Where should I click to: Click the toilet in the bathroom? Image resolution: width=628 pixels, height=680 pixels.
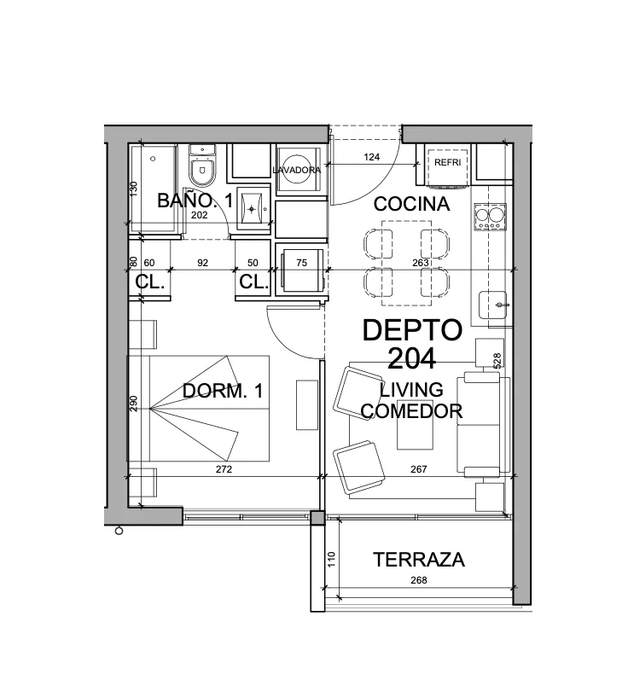point(202,166)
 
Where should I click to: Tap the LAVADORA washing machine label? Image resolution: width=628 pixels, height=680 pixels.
point(297,170)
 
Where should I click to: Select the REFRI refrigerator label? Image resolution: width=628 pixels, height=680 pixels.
point(448,163)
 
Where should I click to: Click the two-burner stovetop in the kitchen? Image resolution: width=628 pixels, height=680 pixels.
point(490,217)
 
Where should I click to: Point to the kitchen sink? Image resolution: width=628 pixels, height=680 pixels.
point(493,305)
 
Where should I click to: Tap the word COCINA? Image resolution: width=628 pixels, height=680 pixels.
point(411,204)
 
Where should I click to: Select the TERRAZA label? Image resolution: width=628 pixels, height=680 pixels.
point(419,560)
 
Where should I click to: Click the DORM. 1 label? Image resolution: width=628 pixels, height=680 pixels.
point(223,391)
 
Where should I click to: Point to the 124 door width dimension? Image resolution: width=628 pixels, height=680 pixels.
point(372,157)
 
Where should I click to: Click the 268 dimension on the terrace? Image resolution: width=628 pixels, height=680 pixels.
point(419,580)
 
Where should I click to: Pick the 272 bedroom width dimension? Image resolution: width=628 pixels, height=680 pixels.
point(224,469)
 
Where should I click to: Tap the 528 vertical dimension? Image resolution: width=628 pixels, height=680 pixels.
point(497,361)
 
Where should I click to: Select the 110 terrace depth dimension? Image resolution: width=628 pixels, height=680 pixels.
point(331,560)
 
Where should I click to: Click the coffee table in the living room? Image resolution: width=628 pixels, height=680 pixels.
point(415,430)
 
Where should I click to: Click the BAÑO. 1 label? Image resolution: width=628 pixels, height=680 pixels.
point(195,201)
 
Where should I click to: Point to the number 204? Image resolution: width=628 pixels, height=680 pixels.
point(411,358)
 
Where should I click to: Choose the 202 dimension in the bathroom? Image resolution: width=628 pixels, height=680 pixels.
point(200,215)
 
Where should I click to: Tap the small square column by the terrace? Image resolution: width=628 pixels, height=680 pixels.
point(317,518)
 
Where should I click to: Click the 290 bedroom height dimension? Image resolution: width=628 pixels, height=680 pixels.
point(134,404)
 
